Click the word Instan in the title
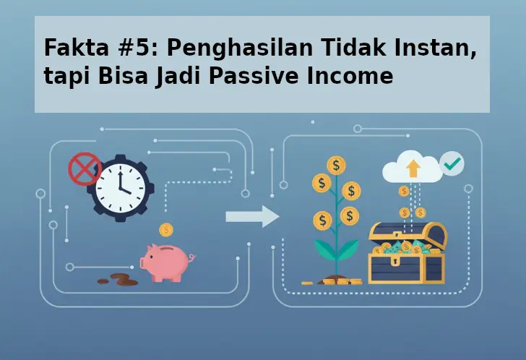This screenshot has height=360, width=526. point(441,49)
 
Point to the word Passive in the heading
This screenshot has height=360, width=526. point(259,77)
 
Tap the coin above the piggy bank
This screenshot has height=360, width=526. point(167,230)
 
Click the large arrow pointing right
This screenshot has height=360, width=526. point(252,216)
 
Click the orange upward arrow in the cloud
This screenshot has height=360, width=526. point(413,168)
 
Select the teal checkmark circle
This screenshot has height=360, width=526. point(452,163)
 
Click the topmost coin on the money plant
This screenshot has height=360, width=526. point(336,165)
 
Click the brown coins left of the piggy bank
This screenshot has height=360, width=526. point(118,279)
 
